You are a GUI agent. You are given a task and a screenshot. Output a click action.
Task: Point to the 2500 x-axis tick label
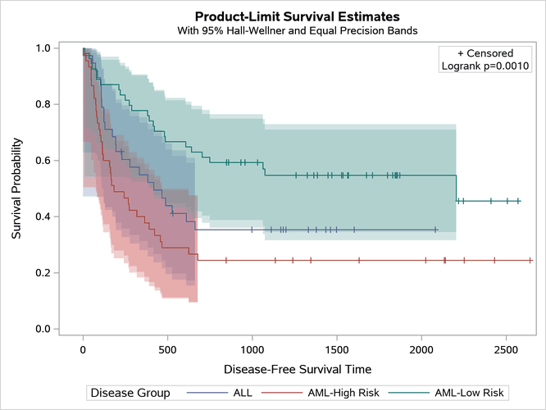506,350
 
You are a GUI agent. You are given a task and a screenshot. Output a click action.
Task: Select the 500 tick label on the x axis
167,350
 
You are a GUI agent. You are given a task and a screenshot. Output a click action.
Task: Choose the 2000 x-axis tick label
421,350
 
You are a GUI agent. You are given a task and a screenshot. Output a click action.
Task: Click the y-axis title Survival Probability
17,189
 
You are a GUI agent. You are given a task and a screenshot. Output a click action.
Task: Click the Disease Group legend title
130,393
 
